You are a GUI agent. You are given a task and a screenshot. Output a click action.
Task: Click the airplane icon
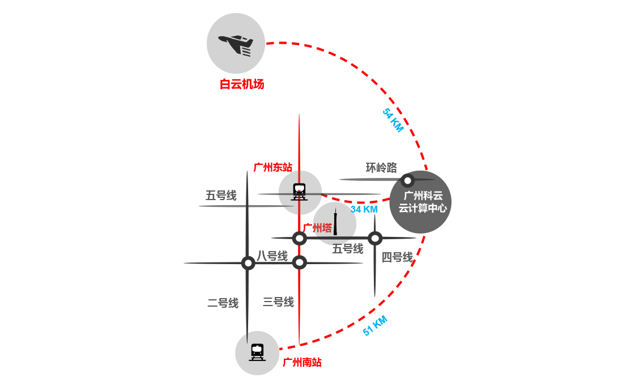(x=236, y=44)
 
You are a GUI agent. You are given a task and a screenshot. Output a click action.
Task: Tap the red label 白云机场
(x=242, y=84)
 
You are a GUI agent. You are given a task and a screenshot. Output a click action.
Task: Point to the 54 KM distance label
(x=393, y=120)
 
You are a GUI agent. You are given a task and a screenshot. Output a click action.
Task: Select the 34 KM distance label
(x=364, y=209)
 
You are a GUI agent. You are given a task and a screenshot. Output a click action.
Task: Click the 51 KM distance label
(x=375, y=325)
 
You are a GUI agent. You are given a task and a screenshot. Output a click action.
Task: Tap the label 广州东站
(x=273, y=167)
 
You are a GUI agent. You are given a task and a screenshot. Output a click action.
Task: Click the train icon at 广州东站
(x=299, y=192)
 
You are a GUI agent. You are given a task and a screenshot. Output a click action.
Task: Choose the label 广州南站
(x=302, y=362)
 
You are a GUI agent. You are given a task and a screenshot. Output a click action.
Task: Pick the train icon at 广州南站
(x=257, y=353)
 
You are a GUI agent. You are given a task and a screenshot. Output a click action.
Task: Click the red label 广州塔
(x=318, y=228)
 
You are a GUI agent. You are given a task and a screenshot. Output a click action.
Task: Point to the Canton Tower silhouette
(x=335, y=222)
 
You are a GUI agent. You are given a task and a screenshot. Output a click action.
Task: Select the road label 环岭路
(x=381, y=168)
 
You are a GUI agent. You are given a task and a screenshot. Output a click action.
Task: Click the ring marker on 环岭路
(x=407, y=180)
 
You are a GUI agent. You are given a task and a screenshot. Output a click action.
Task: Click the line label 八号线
(x=272, y=256)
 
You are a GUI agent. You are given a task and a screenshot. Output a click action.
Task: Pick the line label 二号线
(x=223, y=303)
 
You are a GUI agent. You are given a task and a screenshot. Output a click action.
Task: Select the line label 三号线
(x=278, y=302)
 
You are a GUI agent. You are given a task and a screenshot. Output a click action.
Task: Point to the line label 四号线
(x=397, y=257)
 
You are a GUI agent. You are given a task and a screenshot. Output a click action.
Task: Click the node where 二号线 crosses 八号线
(x=248, y=263)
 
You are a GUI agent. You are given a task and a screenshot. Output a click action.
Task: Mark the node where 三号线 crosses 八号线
(x=300, y=262)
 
